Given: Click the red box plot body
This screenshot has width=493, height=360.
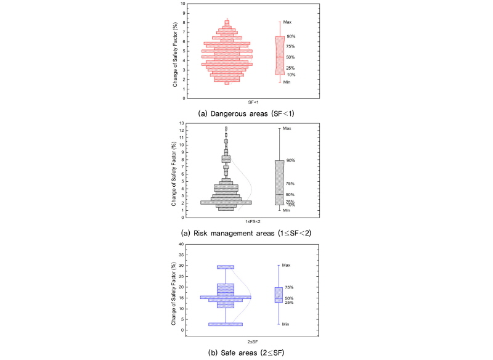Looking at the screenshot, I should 280,55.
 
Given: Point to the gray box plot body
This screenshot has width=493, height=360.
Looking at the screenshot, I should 279,182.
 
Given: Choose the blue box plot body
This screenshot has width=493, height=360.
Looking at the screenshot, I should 279,295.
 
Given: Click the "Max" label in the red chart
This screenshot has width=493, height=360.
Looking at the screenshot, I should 287,22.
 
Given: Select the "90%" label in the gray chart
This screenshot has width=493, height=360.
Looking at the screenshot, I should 290,161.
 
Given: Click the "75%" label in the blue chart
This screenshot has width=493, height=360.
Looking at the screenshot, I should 289,287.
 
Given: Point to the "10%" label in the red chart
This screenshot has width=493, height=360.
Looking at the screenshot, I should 290,75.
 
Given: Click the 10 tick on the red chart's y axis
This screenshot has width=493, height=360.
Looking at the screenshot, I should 182,4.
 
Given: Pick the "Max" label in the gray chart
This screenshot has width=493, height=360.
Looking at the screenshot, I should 287,128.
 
